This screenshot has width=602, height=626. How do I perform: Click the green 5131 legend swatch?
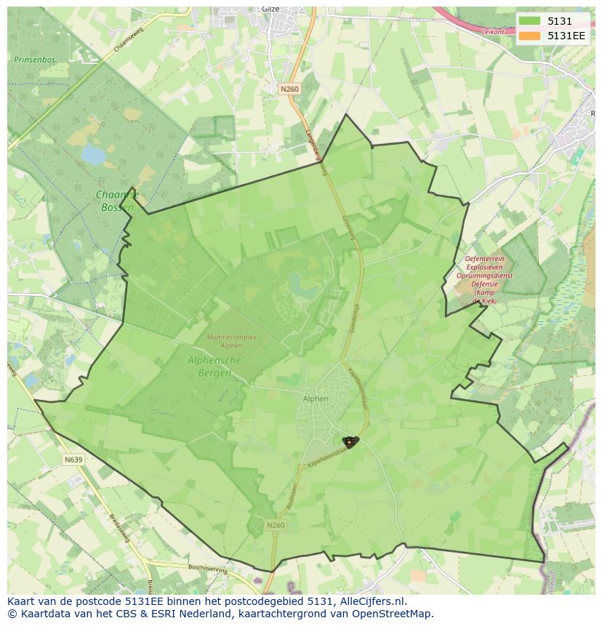[530, 21]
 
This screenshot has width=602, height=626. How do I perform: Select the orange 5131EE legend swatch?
[530, 36]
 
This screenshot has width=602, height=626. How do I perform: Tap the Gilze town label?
[270, 9]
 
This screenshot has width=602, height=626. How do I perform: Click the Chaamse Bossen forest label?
[116, 201]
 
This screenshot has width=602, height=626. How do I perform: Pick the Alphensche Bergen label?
[214, 366]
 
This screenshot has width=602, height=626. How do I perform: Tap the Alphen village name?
[316, 398]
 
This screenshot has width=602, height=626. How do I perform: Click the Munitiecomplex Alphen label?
[231, 341]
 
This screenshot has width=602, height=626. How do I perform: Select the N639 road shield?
[73, 460]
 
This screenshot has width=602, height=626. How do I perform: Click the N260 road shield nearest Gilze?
[289, 89]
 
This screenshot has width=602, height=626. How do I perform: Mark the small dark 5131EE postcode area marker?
[350, 441]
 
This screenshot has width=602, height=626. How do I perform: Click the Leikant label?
[492, 32]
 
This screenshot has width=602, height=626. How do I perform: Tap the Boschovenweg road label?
[209, 568]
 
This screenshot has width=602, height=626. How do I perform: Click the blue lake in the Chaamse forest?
[92, 154]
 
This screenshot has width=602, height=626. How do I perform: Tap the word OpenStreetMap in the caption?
[396, 614]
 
